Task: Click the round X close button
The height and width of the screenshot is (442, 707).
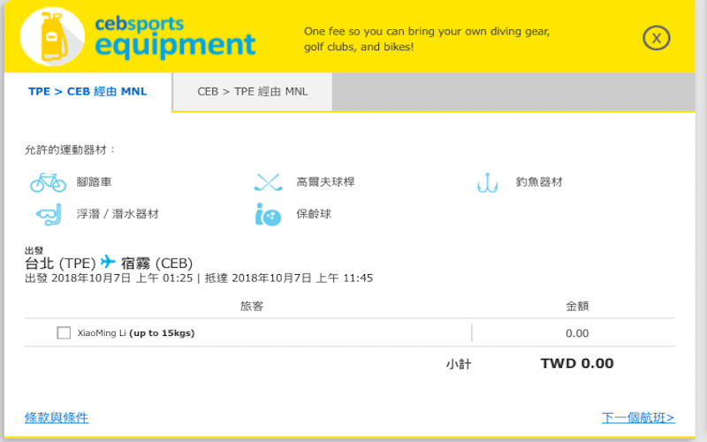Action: [657, 37]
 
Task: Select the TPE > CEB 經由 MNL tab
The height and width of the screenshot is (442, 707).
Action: [87, 92]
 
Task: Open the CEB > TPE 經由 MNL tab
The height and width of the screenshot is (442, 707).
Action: [252, 92]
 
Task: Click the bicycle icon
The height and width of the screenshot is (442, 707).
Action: [48, 182]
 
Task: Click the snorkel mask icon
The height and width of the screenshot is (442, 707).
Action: [49, 214]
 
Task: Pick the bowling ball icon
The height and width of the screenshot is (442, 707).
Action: [267, 214]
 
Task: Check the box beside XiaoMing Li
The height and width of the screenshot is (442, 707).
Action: [64, 333]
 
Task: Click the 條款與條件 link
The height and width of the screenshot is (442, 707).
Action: [57, 417]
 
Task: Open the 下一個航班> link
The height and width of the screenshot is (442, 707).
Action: [638, 417]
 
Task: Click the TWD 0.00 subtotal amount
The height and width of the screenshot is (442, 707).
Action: [576, 363]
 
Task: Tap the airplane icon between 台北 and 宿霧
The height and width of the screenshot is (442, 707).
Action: [108, 262]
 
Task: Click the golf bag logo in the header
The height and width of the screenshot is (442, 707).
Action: [51, 37]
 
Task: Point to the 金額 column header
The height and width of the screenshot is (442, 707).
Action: [577, 306]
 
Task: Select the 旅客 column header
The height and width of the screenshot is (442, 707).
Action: [252, 306]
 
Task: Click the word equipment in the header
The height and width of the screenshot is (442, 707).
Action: [175, 44]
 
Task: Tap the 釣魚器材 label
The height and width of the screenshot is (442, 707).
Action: [539, 182]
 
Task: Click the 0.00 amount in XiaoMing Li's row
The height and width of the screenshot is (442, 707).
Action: [577, 333]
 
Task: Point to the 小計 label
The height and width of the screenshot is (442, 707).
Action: [458, 364]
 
